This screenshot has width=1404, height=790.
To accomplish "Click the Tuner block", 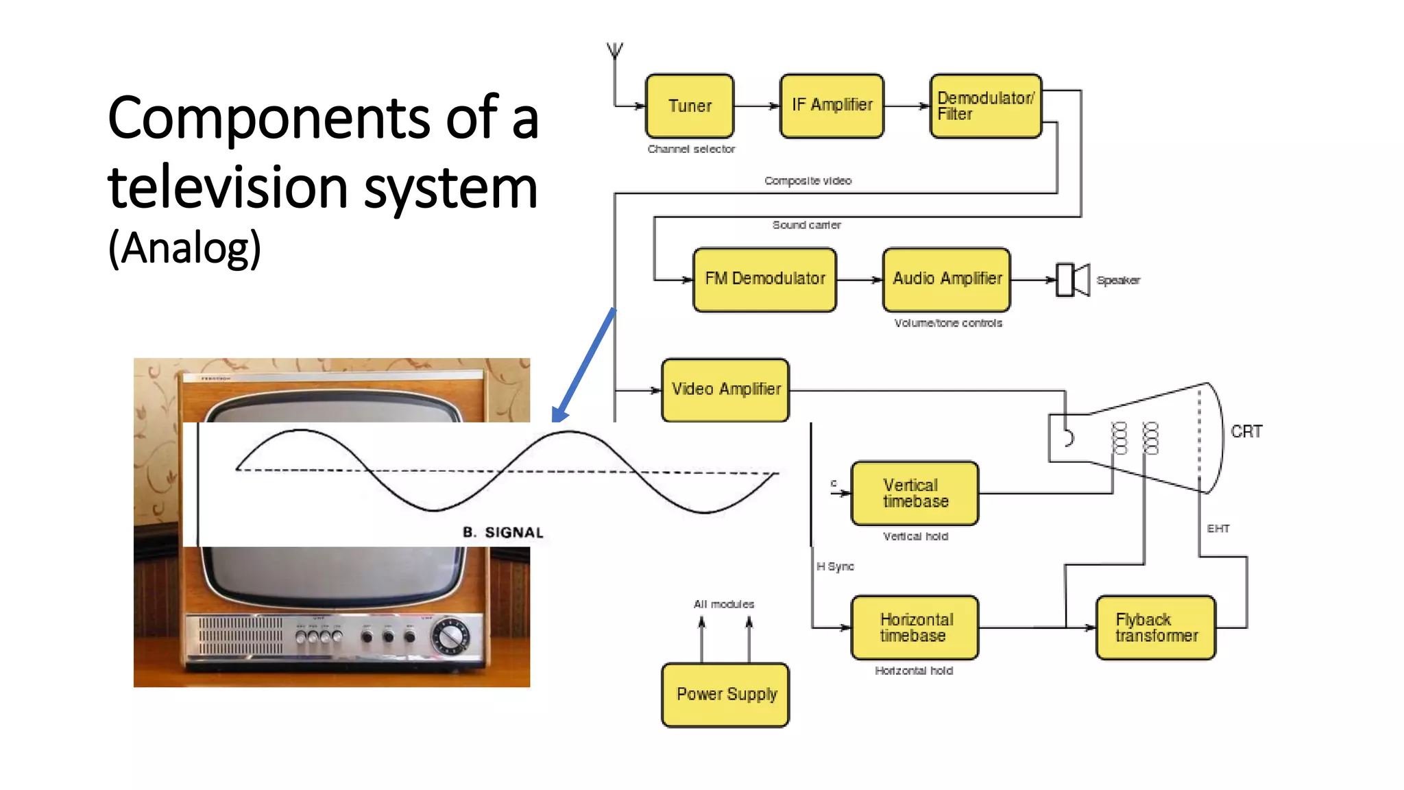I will [x=690, y=106].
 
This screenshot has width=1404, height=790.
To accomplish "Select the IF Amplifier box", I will [x=832, y=106].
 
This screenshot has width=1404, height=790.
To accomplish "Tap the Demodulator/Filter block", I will [x=985, y=106].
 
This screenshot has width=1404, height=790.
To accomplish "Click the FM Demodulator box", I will [x=764, y=279].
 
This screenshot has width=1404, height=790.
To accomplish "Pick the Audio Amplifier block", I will [x=947, y=279].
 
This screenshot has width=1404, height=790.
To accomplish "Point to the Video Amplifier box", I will [x=725, y=390].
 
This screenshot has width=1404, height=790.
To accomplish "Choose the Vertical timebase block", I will [x=915, y=494].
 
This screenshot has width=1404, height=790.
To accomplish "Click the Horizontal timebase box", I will [x=915, y=627].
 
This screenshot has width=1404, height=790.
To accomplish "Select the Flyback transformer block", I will [x=1156, y=627].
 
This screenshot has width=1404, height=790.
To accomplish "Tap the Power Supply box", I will [x=725, y=695].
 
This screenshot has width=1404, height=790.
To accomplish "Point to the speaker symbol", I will [x=1072, y=280].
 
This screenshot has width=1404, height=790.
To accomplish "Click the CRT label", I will [x=1246, y=432].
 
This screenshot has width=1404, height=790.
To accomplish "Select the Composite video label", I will [x=808, y=181].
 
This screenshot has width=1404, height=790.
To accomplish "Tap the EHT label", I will [x=1218, y=529].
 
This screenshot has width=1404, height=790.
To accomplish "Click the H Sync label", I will [x=835, y=566].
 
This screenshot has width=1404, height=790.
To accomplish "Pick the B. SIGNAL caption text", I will [x=503, y=533].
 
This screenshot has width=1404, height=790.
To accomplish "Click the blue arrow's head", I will [x=559, y=416].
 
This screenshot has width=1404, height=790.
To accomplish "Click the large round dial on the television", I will [x=450, y=636].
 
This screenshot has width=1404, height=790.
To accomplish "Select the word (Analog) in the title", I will [x=185, y=248].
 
